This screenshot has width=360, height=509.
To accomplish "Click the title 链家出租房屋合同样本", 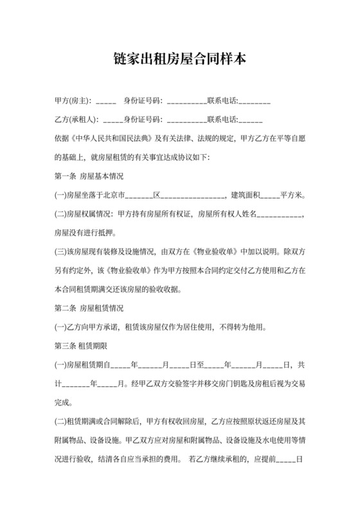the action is [179, 59].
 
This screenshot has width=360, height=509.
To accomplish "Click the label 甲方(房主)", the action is [73, 102].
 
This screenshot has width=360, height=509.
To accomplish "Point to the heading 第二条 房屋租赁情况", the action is [89, 308].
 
